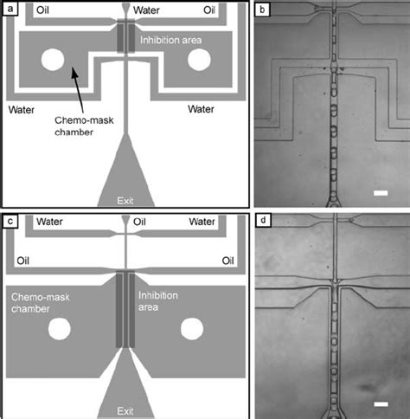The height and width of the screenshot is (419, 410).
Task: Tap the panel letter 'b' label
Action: click(265, 10)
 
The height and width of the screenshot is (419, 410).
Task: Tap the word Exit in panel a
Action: click(126, 200)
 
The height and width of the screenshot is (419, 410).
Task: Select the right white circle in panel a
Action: click(200, 59)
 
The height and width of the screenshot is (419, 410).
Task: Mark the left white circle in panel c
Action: click(60, 330)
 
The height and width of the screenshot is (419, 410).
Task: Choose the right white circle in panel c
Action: click(192, 330)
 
